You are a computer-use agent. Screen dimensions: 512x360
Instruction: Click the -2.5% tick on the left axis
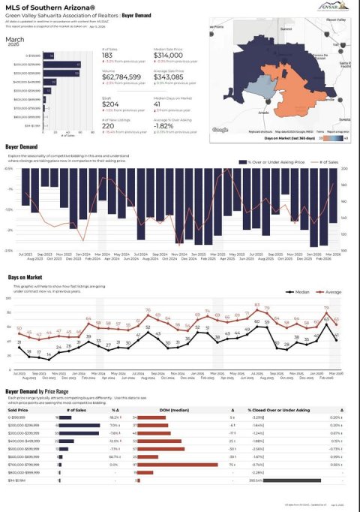(10, 250)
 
